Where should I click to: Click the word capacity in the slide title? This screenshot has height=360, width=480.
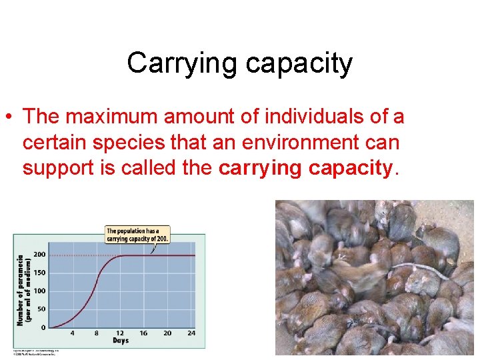point(299,64)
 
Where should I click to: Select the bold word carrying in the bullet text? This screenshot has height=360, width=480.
point(260,167)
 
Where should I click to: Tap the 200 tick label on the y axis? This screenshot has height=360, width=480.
point(39,255)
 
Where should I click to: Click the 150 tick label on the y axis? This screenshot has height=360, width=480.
point(39,273)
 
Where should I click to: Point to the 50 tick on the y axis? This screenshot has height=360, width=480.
point(41,309)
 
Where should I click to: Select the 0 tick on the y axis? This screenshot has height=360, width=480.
point(43,327)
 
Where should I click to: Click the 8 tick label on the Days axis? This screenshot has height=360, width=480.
point(96,333)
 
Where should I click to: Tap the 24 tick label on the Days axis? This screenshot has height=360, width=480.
point(191,333)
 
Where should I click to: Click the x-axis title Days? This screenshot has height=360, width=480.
point(121,341)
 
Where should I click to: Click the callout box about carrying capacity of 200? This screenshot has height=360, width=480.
point(137,235)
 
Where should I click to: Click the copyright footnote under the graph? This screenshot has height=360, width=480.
point(37,351)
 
